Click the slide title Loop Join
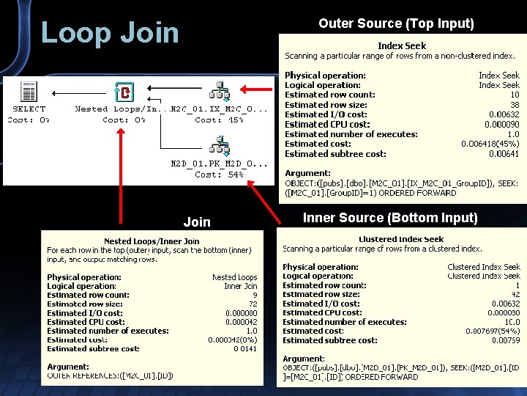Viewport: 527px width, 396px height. (110, 33)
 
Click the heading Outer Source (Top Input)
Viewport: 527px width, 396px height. (396, 23)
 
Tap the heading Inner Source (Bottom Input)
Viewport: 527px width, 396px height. (390, 218)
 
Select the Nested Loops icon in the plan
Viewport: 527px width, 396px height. (124, 92)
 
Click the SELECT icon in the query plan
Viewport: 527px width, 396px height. (29, 92)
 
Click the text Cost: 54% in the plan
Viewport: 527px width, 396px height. (219, 175)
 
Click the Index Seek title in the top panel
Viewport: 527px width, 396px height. (402, 46)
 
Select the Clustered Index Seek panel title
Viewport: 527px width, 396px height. (401, 239)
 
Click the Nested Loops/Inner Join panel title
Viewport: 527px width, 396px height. (152, 241)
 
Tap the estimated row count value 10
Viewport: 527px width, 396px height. (515, 95)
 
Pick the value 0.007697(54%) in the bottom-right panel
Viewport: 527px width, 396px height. (493, 331)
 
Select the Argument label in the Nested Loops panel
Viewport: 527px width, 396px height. (68, 367)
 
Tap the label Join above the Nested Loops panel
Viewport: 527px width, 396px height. (197, 222)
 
